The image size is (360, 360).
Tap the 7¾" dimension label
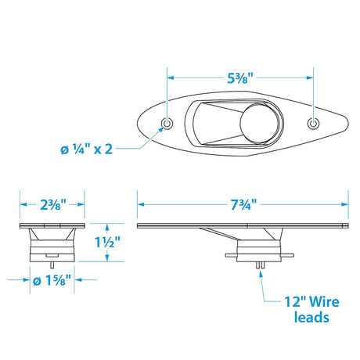click(240, 203)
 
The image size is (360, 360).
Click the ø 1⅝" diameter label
click(51, 278)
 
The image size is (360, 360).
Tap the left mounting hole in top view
click(167, 124)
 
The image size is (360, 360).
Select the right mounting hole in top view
click(314, 124)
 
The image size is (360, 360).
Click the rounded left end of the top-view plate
click(135, 124)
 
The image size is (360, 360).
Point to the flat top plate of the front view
click(51, 226)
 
